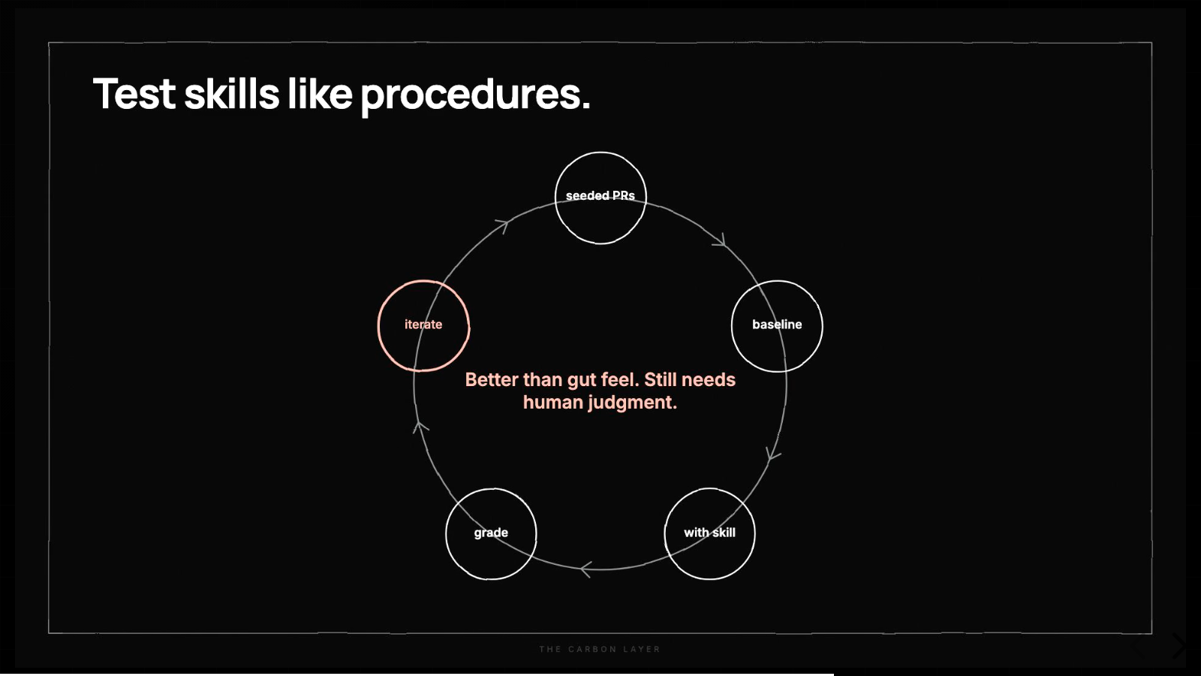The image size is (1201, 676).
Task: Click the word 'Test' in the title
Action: [x=134, y=94]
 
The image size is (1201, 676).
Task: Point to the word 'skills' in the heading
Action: [x=232, y=94]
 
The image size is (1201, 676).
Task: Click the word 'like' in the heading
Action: [x=320, y=94]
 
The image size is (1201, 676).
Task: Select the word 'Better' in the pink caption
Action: [x=492, y=380]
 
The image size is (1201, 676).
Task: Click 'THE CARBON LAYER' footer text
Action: [x=600, y=649]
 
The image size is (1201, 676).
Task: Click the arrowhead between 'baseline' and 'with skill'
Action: [x=772, y=454]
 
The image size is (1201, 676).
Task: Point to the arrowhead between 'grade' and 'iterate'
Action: [x=420, y=427]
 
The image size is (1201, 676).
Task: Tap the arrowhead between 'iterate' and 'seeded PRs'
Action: [x=503, y=225]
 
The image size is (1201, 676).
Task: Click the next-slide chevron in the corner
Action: [x=1179, y=646]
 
